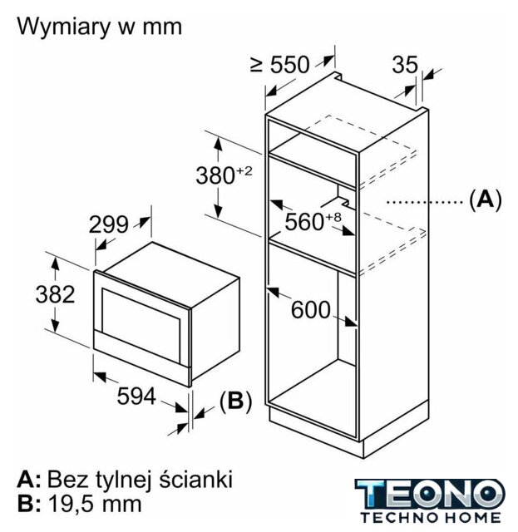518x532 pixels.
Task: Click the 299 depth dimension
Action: point(109,224)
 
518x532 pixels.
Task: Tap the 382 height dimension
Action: point(55,294)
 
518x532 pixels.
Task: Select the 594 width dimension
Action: point(136,396)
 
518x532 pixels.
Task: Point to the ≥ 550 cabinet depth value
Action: point(280,65)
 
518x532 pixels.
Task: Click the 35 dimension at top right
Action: point(405,65)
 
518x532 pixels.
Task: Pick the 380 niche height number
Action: point(215,175)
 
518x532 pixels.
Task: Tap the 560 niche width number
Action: point(304,222)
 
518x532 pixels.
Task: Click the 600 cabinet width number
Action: point(311,310)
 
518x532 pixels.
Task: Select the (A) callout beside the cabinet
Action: point(485,199)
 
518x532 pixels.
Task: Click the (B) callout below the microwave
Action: point(236,401)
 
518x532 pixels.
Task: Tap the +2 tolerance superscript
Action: point(244,170)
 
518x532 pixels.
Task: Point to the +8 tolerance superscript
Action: point(333,217)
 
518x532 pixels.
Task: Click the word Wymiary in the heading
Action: point(63,27)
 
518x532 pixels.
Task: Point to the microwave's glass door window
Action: point(141,325)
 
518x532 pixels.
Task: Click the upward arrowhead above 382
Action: point(56,264)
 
